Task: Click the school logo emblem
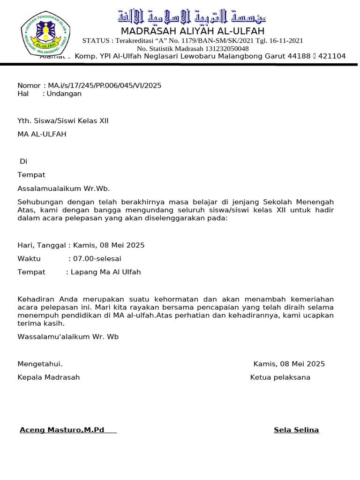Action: [45, 34]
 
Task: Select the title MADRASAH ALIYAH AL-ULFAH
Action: [192, 31]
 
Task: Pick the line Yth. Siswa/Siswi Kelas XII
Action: [63, 120]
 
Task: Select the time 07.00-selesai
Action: [98, 258]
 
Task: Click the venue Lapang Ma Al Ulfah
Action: [105, 272]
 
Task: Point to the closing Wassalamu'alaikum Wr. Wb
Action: [68, 336]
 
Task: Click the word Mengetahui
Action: [40, 364]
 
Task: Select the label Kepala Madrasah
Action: [49, 377]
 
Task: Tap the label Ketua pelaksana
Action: [280, 377]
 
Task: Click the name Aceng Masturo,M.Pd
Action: [62, 430]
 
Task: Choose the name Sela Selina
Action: [296, 430]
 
